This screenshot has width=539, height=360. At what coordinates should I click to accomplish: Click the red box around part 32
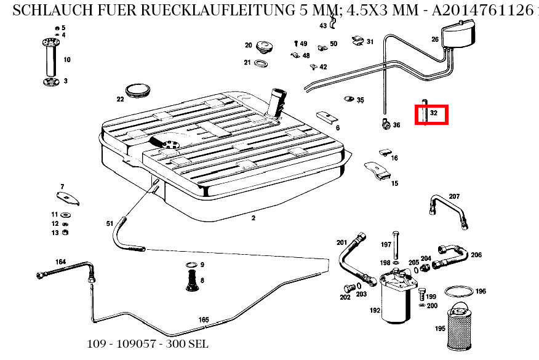(431, 114)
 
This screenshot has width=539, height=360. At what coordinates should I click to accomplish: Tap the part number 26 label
(435, 39)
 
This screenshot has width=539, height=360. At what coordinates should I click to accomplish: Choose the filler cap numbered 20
(265, 47)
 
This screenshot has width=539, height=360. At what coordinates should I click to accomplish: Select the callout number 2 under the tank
(253, 218)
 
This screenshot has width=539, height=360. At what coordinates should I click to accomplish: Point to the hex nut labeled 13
(66, 233)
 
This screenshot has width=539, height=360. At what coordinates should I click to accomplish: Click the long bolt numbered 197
(397, 246)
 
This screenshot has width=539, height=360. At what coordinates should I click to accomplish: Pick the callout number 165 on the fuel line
(204, 319)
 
